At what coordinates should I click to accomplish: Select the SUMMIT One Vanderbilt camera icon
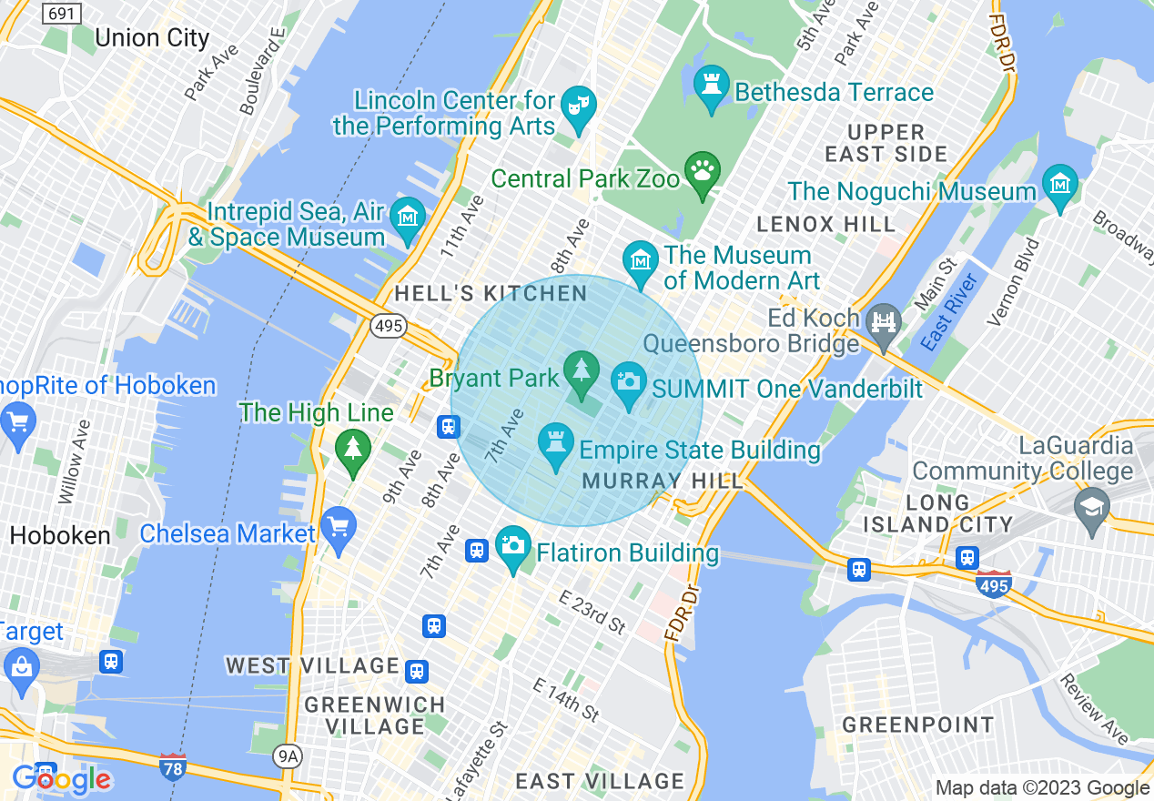click(628, 380)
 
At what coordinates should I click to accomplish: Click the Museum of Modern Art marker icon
click(641, 259)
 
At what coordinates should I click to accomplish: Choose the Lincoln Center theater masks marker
click(577, 106)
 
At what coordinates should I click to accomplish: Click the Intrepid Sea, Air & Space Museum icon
click(407, 217)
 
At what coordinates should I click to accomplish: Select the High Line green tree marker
click(352, 449)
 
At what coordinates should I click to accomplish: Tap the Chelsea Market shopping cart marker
click(339, 527)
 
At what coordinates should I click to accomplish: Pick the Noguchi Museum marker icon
click(1060, 184)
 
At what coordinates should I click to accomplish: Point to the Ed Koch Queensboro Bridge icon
click(883, 321)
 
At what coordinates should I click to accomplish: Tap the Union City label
click(152, 38)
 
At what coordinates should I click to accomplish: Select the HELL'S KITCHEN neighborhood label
click(491, 293)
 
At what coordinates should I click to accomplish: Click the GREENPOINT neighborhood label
click(918, 725)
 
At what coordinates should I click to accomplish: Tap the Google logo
click(62, 779)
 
